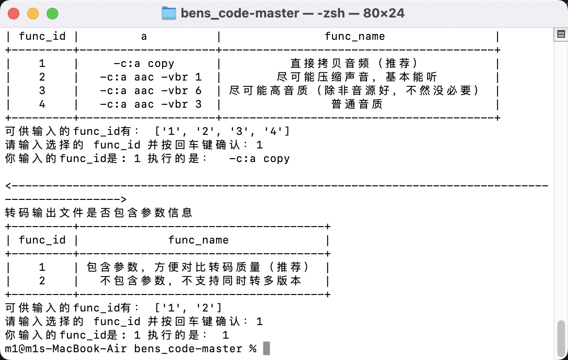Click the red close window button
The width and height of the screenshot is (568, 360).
[14, 14]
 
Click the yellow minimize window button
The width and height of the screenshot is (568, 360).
[33, 14]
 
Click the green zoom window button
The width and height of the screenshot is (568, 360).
[52, 14]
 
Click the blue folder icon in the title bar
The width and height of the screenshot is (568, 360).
[169, 13]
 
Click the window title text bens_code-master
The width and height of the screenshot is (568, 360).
[240, 14]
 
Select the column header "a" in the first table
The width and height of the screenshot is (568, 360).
[144, 36]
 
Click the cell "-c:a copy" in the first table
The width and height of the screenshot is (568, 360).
[144, 64]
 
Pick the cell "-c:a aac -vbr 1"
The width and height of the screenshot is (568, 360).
[150, 77]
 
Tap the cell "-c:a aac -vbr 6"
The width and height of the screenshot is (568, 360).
[150, 91]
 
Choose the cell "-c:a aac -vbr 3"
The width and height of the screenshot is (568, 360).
[150, 104]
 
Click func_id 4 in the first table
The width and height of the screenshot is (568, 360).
[42, 104]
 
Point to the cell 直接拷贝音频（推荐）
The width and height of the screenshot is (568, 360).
[354, 64]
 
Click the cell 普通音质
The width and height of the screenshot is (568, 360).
[357, 104]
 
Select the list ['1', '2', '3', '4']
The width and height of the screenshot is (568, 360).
[222, 131]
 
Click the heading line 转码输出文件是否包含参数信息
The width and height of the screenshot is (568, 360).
[99, 213]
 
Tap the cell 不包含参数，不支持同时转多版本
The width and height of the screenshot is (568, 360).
[200, 281]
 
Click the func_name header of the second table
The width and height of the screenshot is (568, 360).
[199, 240]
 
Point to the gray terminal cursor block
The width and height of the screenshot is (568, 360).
[266, 348]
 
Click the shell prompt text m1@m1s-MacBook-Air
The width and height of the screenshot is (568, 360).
[66, 349]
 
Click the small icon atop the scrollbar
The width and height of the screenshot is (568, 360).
[561, 34]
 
